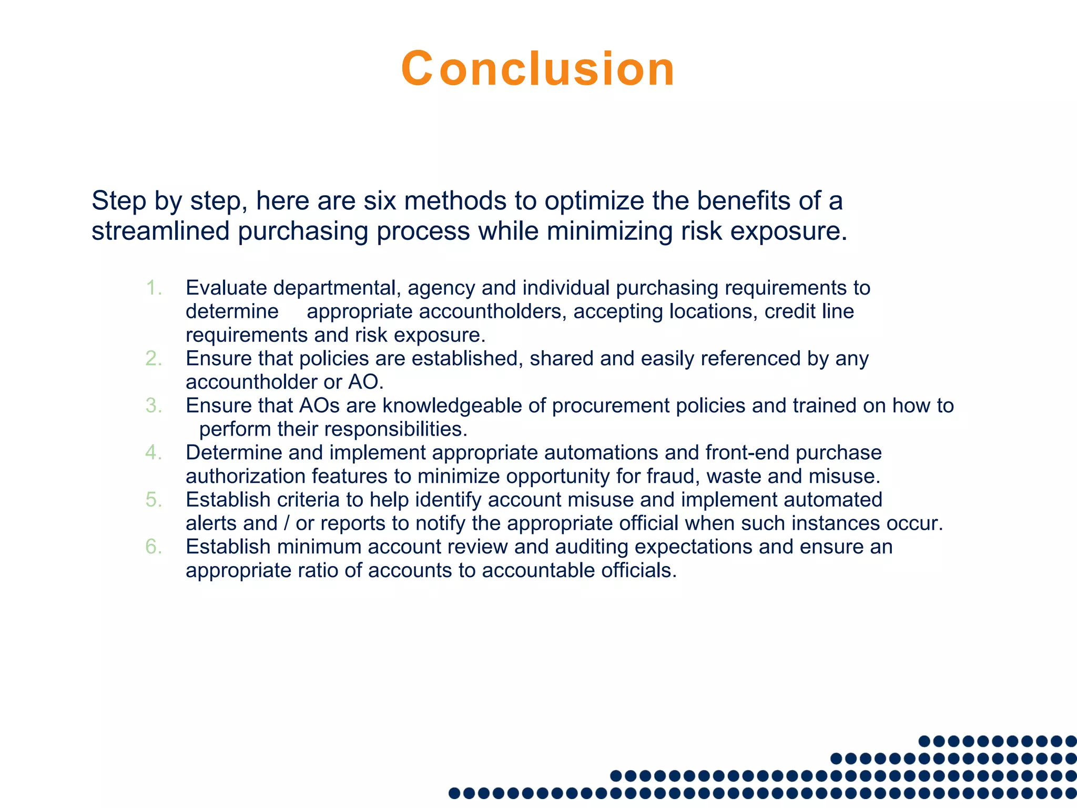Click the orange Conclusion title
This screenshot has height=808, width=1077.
pos(537,69)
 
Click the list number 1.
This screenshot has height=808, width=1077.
pos(153,288)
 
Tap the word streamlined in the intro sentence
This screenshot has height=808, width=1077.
pos(160,231)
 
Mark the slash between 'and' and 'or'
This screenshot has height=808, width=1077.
pos(286,523)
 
